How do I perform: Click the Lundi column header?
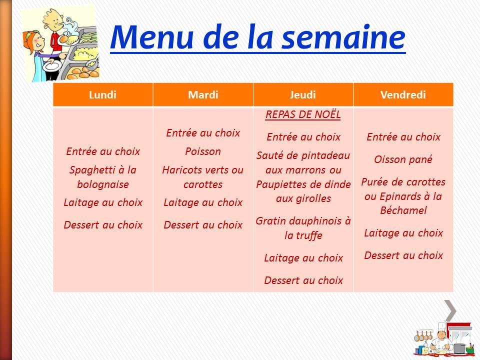(102, 95)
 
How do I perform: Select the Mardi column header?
(203, 95)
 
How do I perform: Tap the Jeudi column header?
(303, 95)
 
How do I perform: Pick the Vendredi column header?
(403, 95)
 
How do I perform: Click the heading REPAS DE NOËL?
(303, 115)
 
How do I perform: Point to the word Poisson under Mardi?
(202, 151)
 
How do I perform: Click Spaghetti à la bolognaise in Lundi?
(103, 177)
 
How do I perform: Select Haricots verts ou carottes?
(202, 177)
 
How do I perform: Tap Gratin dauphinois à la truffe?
(303, 228)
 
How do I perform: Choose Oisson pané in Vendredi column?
(403, 159)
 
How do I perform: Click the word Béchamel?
(403, 210)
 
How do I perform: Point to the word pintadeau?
(324, 155)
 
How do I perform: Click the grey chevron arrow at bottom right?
(450, 310)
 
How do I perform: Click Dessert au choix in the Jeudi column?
(303, 280)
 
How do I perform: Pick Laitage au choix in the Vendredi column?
(403, 233)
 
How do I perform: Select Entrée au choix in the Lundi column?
(103, 151)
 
